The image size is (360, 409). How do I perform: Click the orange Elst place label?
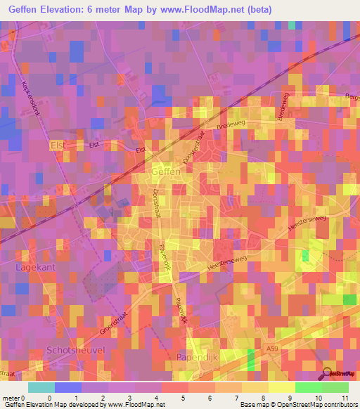(58, 145)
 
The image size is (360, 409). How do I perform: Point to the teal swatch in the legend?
(41, 387)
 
